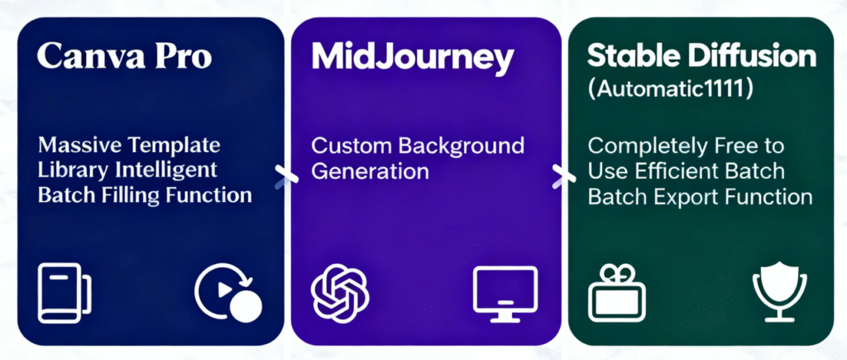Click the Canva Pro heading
[124, 56]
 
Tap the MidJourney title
[413, 58]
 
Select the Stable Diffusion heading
[701, 56]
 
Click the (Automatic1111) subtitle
[670, 89]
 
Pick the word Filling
[134, 194]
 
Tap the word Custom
[349, 146]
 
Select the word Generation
[370, 171]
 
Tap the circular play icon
[228, 292]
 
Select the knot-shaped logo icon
[340, 293]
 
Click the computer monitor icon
[505, 295]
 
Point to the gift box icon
[616, 293]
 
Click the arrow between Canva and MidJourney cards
[286, 177]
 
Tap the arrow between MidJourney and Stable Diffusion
[562, 177]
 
